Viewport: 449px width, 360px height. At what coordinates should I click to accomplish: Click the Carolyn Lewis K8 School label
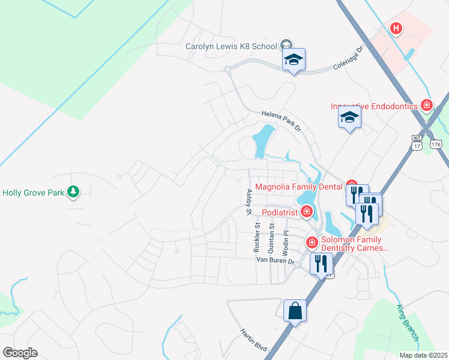click(x=231, y=46)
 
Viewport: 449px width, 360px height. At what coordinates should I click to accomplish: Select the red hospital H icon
click(x=396, y=28)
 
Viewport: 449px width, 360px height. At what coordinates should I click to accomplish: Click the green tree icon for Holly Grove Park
click(x=73, y=192)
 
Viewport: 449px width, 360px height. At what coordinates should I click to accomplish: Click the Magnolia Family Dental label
click(x=299, y=186)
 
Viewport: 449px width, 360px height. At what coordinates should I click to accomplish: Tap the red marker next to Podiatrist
click(x=307, y=211)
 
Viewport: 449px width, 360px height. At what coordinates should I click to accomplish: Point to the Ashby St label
click(x=248, y=202)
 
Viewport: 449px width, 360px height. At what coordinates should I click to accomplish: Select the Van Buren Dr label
click(x=276, y=261)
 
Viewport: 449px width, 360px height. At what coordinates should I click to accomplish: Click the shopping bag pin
click(x=295, y=311)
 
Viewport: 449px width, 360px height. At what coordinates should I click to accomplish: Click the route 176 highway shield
click(x=436, y=145)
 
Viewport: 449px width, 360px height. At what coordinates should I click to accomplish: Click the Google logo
click(x=20, y=353)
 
